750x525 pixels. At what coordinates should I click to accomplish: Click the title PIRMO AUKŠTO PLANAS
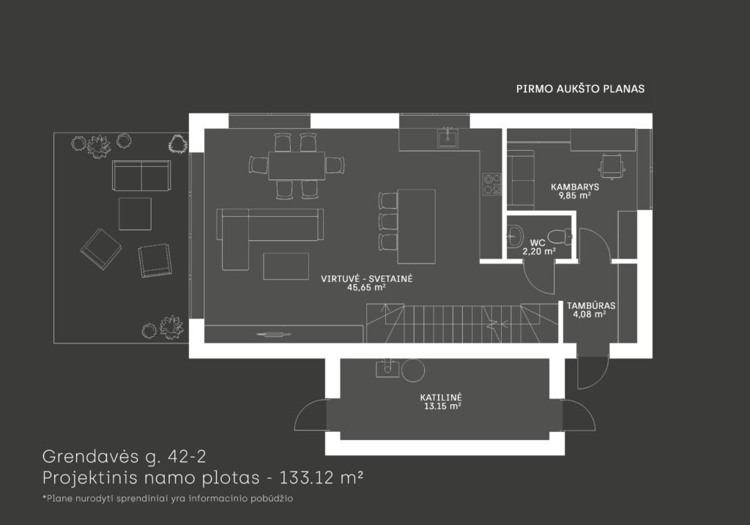click(x=580, y=89)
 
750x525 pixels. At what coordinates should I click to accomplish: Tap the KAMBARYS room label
click(x=574, y=187)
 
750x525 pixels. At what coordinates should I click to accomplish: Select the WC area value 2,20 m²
click(x=539, y=251)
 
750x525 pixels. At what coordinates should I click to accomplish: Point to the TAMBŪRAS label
click(x=591, y=305)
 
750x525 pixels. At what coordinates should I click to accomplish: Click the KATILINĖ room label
click(x=441, y=398)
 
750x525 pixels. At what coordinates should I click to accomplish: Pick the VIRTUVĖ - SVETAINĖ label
click(x=367, y=279)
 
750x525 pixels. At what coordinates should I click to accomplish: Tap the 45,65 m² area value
click(x=366, y=288)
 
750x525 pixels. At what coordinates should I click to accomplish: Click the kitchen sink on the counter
click(x=448, y=138)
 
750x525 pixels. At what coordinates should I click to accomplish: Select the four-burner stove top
click(x=491, y=184)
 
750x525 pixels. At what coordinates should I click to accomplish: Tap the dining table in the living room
click(x=297, y=165)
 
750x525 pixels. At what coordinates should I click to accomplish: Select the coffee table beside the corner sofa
click(x=286, y=267)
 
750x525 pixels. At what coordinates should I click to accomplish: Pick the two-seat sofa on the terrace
click(x=141, y=176)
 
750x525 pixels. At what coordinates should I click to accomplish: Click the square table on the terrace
click(x=135, y=214)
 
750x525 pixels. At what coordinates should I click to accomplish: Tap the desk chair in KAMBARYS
click(x=612, y=165)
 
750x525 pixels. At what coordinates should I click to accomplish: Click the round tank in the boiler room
click(x=413, y=370)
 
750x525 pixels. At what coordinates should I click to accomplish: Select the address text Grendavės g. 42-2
click(x=125, y=457)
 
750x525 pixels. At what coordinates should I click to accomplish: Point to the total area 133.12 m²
click(x=322, y=477)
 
